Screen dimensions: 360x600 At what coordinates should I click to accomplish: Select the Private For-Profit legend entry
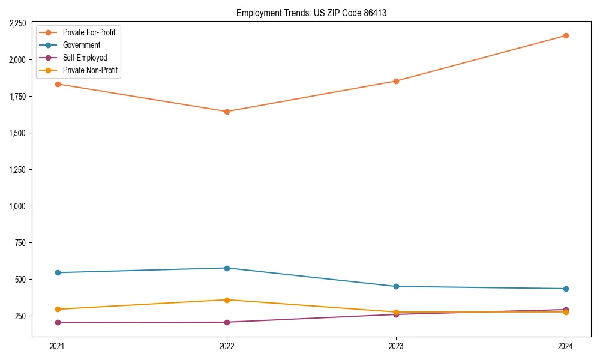click(89, 32)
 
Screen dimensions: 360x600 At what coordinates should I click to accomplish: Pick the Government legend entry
click(82, 45)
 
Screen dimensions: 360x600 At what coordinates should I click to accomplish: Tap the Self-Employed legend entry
click(85, 58)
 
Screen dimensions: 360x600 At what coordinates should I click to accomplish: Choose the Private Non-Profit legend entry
click(90, 70)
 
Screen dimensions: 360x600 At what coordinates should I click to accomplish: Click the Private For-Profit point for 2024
click(565, 35)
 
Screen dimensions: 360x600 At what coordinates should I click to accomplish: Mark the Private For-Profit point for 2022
click(227, 112)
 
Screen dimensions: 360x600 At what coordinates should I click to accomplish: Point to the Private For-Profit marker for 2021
click(58, 84)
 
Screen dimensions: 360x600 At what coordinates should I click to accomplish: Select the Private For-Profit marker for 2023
click(396, 81)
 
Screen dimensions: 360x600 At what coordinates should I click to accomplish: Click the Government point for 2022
click(227, 268)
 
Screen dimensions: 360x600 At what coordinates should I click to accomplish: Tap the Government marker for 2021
click(58, 272)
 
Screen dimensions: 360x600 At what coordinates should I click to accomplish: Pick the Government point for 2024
click(565, 289)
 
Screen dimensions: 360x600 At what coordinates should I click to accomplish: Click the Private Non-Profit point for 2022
click(227, 300)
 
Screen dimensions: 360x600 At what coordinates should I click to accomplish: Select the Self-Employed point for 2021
click(58, 322)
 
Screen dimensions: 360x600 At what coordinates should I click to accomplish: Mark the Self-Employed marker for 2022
click(227, 322)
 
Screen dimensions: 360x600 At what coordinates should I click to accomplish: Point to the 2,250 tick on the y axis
click(17, 23)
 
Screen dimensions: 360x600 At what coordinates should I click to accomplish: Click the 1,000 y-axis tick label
click(17, 206)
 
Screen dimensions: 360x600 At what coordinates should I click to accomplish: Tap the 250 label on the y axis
click(20, 316)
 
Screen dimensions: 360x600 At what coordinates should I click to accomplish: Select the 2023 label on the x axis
click(396, 346)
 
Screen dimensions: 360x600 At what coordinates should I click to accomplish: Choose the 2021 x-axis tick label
click(58, 346)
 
